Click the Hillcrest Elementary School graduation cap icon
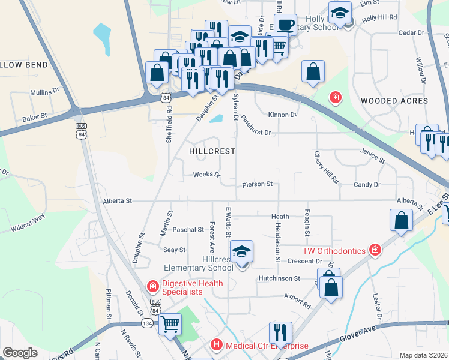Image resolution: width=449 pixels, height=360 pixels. click(x=241, y=251)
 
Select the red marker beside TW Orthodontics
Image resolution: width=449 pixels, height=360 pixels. click(x=375, y=249)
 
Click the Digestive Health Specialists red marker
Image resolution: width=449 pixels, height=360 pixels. click(x=153, y=287)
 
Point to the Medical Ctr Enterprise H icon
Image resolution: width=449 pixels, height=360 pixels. click(x=215, y=345)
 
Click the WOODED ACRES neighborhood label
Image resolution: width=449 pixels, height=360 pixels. click(x=394, y=101)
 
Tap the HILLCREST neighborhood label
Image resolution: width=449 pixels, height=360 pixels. click(x=212, y=152)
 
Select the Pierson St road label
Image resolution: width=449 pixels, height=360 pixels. click(x=258, y=184)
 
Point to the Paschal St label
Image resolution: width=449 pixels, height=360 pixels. click(x=188, y=230)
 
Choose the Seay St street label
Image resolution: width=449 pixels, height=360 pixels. click(x=174, y=250)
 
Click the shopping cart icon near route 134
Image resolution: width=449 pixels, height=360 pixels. click(x=170, y=325)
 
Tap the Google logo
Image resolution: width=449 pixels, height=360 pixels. click(x=20, y=353)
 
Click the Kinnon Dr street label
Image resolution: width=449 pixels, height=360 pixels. click(x=284, y=115)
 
